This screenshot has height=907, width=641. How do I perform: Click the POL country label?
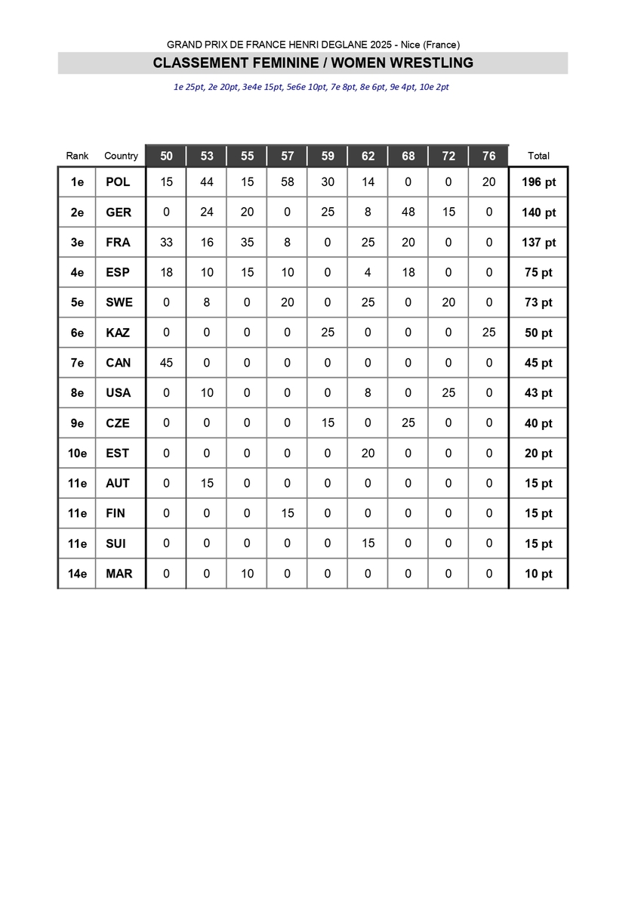118,182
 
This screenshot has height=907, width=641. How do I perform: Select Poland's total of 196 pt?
538,182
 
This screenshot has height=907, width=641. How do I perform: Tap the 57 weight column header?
288,156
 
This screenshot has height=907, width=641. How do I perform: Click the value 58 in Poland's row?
288,182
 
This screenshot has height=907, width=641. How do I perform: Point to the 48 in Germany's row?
408,212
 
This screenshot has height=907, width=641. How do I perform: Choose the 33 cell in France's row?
166,243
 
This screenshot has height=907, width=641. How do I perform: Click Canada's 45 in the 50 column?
166,363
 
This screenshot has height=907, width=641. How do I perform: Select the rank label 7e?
77,363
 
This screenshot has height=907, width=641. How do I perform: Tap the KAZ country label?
118,333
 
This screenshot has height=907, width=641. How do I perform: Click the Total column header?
538,156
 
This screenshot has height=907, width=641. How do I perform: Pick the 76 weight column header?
489,156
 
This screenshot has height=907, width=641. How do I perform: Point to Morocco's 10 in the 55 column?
247,574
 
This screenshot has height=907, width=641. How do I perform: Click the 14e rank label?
77,574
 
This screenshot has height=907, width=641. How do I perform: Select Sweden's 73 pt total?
538,302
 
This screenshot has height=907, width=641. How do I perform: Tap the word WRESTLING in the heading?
430,63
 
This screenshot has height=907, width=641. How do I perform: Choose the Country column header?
121,156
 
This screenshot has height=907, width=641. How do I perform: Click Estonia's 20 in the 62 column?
368,453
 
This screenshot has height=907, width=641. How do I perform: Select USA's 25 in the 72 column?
448,393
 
